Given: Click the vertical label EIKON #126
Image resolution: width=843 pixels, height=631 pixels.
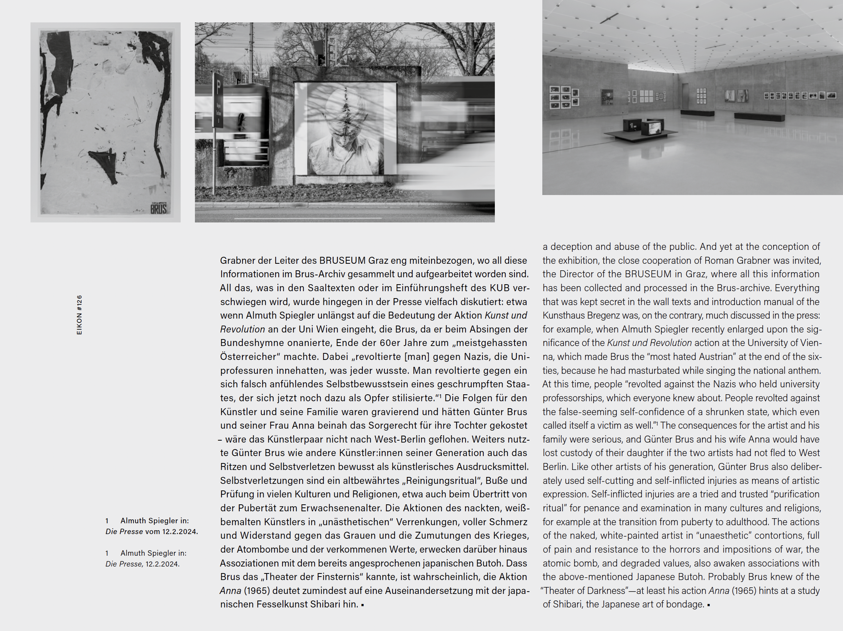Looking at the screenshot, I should tap(80, 315).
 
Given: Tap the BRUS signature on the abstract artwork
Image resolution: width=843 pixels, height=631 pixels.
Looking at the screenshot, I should tap(158, 209).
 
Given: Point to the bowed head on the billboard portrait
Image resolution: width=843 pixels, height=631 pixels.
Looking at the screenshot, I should tap(345, 116).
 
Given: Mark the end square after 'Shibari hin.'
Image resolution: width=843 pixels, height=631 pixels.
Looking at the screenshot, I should tap(362, 605).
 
